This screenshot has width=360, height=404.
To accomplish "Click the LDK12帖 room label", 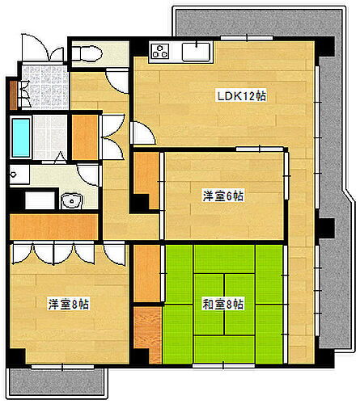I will (x=242, y=96).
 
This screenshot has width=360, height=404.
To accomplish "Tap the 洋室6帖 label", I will (x=223, y=196).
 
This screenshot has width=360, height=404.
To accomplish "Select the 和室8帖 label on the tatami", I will (x=223, y=305).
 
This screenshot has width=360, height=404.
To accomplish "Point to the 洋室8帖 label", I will (x=68, y=305).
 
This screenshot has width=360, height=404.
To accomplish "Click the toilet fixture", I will (x=86, y=54).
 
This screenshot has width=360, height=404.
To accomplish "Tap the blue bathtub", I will (x=20, y=138).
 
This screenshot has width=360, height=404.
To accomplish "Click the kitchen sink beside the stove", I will (x=196, y=53).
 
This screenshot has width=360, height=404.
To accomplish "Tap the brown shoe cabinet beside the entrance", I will (x=13, y=94).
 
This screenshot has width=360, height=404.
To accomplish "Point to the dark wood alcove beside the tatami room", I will (x=146, y=334).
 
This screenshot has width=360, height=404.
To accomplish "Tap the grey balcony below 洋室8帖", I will (x=57, y=381).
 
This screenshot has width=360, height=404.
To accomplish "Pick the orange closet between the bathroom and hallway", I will (x=84, y=137).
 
